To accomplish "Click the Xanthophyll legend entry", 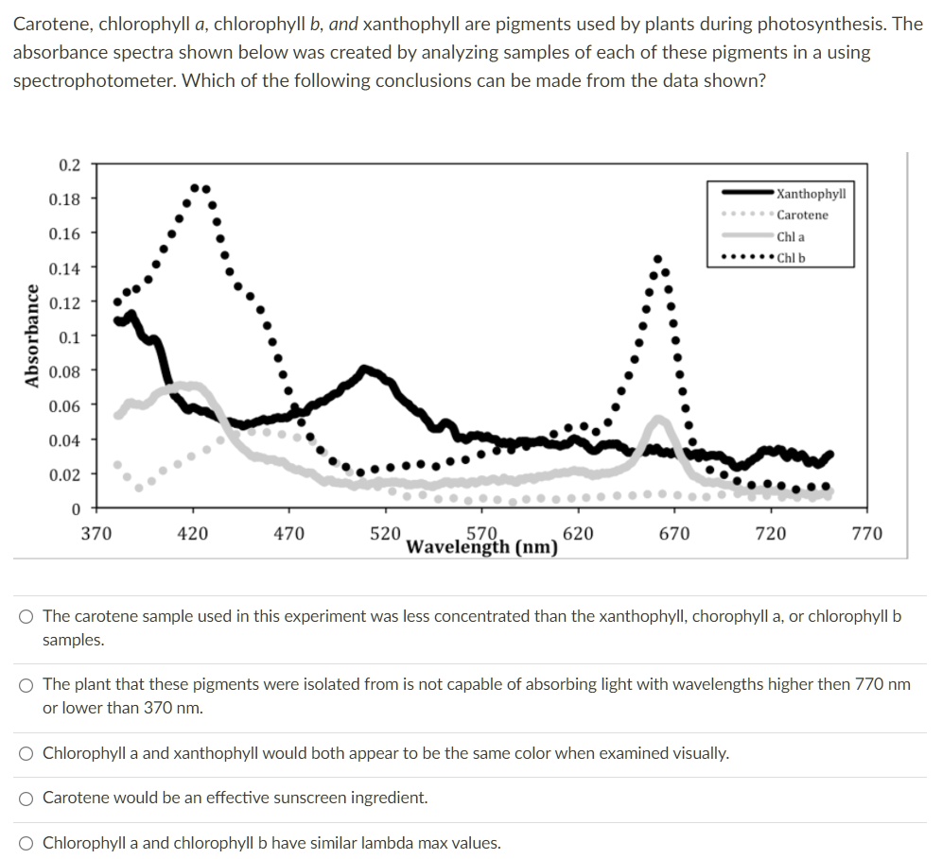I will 811,194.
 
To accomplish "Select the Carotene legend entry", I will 802,215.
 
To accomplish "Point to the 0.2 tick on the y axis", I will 69,164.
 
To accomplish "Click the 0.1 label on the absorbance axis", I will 69,336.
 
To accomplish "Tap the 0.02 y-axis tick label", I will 65,474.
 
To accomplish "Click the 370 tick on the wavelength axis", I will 96,534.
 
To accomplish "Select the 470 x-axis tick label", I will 288,534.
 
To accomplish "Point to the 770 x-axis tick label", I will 866,534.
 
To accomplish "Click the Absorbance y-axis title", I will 33,336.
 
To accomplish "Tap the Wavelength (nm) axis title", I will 481,546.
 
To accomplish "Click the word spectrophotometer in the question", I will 91,80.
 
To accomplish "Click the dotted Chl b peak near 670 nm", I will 658,258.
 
